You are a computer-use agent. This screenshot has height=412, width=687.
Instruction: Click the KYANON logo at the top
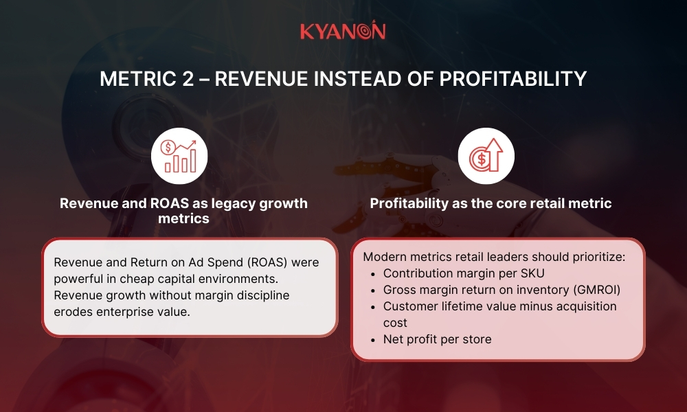(343, 32)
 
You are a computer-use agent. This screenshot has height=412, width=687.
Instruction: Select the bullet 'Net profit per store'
(437, 339)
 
